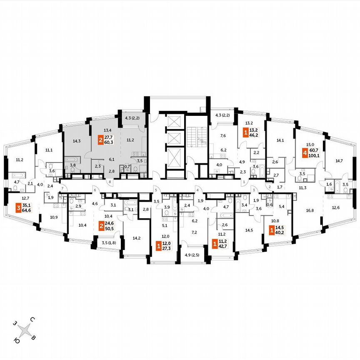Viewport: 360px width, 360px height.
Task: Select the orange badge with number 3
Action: click(x=18, y=207)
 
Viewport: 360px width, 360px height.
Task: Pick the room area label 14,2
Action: click(x=136, y=238)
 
